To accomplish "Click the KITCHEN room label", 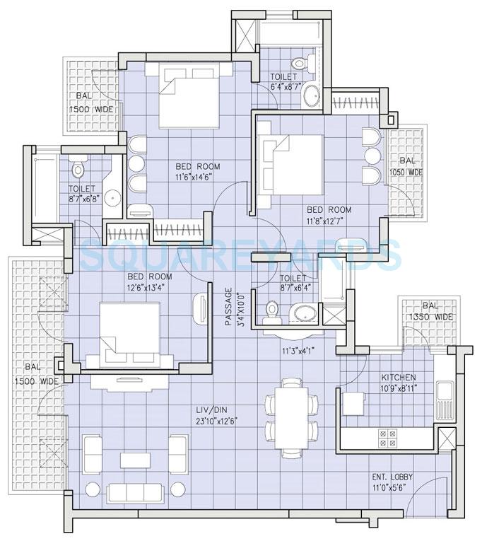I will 398,377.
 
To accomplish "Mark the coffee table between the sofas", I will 135,460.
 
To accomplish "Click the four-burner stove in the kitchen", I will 388,438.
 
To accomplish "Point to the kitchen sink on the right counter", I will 445,400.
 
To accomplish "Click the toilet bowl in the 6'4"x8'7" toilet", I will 300,64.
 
